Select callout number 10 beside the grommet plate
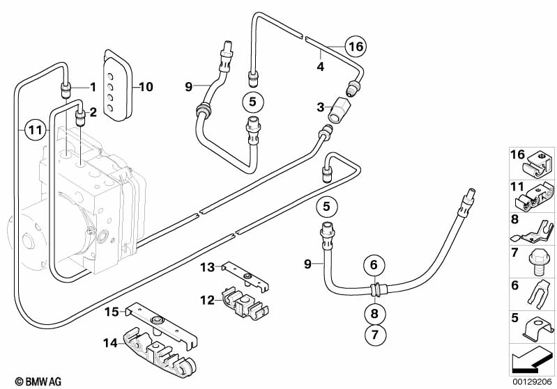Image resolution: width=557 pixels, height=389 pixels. (x=146, y=88)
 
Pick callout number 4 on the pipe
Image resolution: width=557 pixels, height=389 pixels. (x=321, y=68)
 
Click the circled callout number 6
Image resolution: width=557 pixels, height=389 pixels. (x=374, y=264)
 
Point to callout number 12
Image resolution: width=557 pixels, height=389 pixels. (x=206, y=300)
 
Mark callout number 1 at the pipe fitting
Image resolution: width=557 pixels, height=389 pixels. (x=91, y=87)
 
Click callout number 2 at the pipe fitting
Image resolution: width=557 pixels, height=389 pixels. (x=91, y=111)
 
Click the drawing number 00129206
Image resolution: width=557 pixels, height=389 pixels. (x=533, y=381)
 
